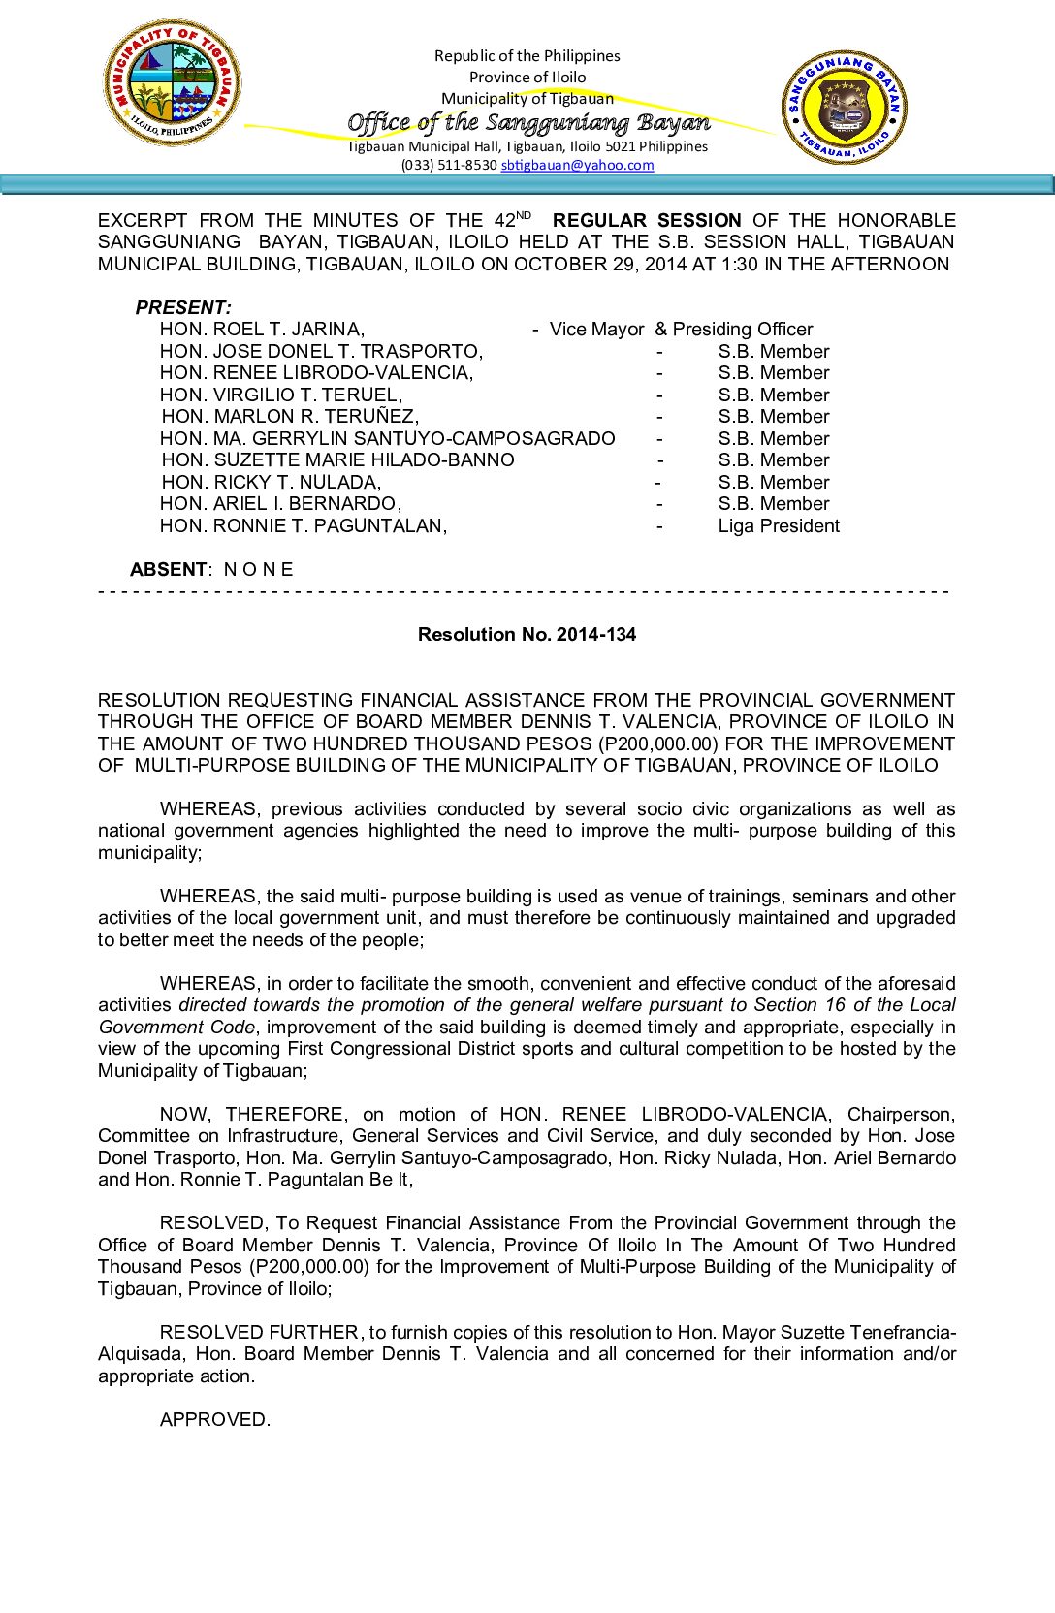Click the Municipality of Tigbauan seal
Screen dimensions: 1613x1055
(x=172, y=83)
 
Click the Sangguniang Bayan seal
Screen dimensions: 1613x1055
(x=845, y=107)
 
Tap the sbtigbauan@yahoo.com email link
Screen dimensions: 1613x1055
(x=577, y=165)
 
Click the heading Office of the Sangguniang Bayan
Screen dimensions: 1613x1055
(x=528, y=122)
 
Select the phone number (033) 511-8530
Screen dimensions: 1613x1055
(x=449, y=165)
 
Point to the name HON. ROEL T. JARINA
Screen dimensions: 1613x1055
(x=262, y=330)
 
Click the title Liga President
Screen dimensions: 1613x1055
(x=779, y=526)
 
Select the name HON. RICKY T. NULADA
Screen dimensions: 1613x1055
(x=272, y=483)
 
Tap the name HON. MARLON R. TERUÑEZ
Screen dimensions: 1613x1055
(x=290, y=417)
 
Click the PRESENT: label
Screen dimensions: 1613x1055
(x=183, y=308)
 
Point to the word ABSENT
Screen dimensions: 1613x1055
(x=168, y=570)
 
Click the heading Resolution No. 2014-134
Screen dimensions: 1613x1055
(x=527, y=635)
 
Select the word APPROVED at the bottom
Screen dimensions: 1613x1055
(x=214, y=1420)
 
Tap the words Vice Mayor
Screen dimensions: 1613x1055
(x=596, y=330)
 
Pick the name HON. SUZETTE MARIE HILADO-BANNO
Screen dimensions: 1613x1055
(x=337, y=460)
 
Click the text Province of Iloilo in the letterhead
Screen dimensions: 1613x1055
(x=527, y=78)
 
